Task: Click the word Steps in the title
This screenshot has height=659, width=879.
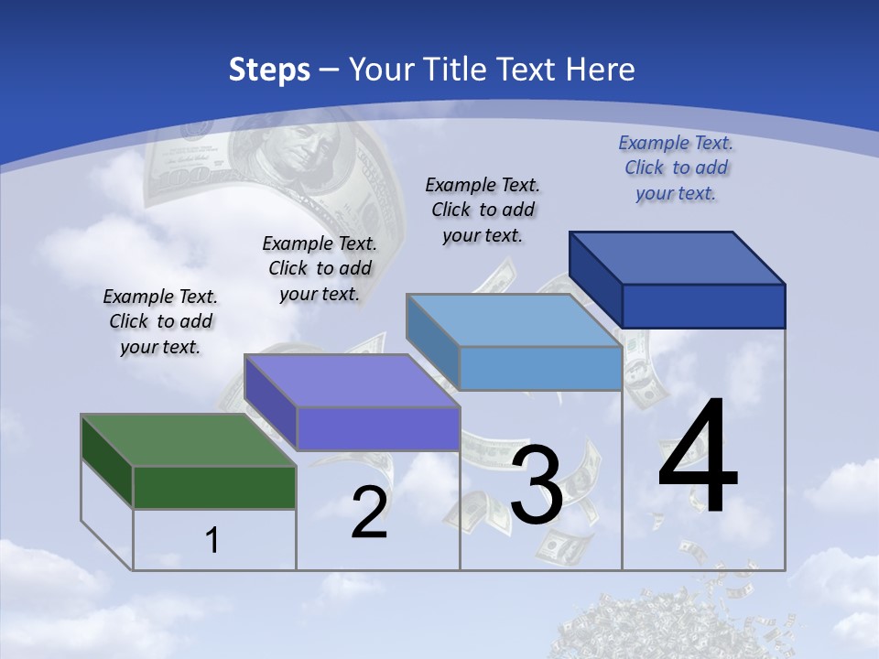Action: (x=269, y=70)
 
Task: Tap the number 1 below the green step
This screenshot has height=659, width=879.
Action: (x=212, y=541)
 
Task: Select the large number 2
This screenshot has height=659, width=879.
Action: (x=369, y=513)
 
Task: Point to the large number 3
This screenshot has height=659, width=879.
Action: (x=537, y=485)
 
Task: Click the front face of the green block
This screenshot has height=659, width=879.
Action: (x=214, y=487)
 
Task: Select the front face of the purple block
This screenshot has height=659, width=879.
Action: (x=378, y=428)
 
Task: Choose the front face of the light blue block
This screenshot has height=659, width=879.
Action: (x=540, y=368)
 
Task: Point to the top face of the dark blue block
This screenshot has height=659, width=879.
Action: (x=678, y=257)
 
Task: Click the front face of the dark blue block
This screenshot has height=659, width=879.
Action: (x=703, y=306)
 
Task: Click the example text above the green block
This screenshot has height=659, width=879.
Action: (x=160, y=321)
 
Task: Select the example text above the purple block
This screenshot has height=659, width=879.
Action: (x=320, y=268)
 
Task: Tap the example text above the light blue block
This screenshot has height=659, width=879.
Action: (x=483, y=210)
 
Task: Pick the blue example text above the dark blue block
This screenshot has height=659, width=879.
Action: (x=676, y=167)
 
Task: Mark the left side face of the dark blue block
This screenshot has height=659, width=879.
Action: (x=595, y=279)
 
